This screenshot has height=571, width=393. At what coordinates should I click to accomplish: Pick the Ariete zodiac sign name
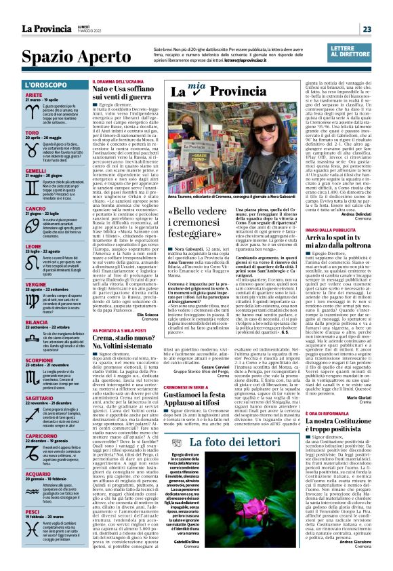tap(34, 96)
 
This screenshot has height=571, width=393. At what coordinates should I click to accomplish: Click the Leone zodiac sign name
tap(33, 246)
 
